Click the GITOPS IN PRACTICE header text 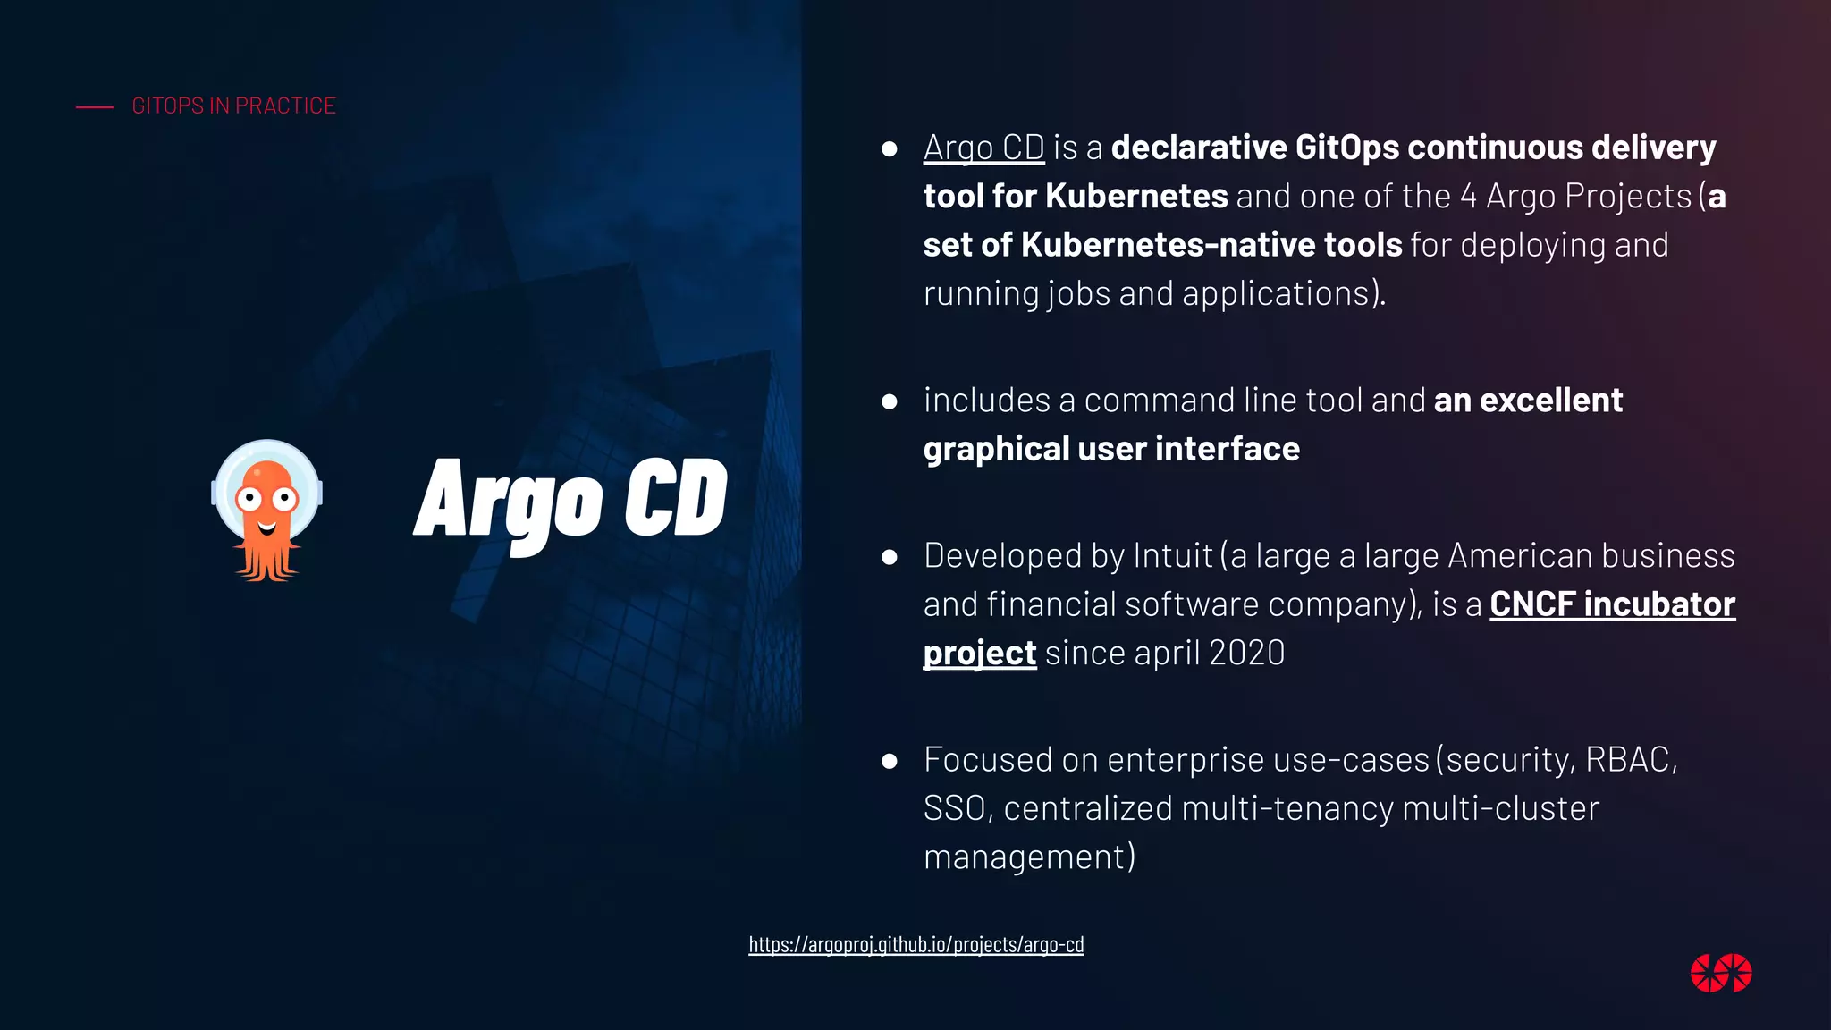(x=233, y=106)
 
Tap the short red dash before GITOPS (x=95, y=107)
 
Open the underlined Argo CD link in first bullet (x=983, y=148)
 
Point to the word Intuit (x=1172, y=556)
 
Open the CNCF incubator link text (x=1612, y=604)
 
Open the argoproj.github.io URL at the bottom (x=915, y=944)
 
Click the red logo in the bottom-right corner (x=1720, y=974)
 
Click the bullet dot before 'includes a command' (x=889, y=401)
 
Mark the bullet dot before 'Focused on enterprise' (x=889, y=761)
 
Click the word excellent (x=1550, y=401)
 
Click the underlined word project (x=979, y=654)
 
